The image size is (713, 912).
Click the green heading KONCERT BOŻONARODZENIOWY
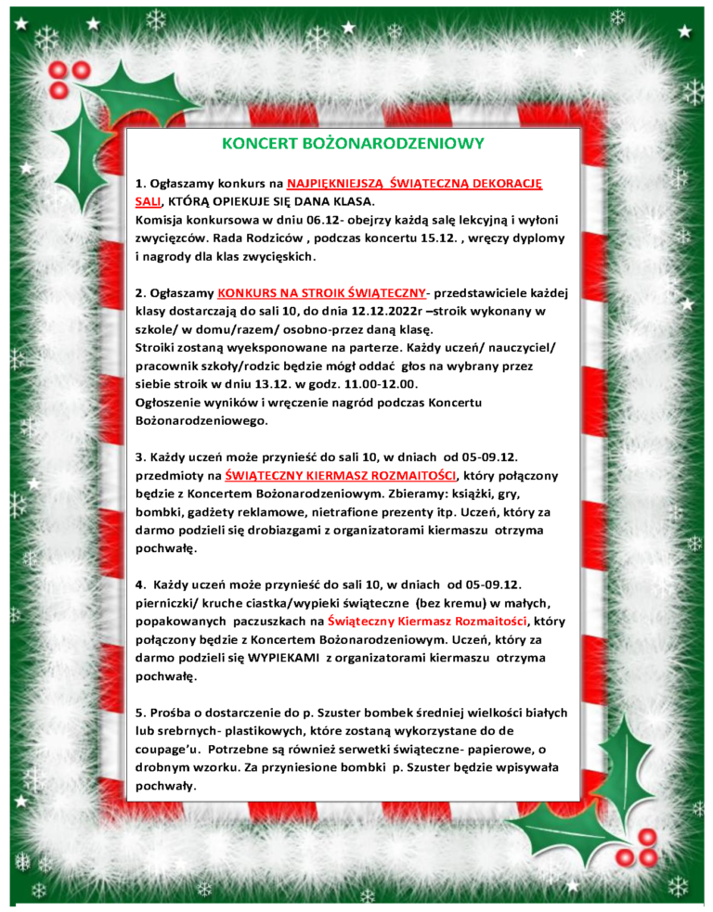point(353,144)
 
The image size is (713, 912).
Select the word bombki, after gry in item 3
point(161,512)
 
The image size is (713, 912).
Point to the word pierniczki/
point(172,603)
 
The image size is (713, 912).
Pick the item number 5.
point(139,713)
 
